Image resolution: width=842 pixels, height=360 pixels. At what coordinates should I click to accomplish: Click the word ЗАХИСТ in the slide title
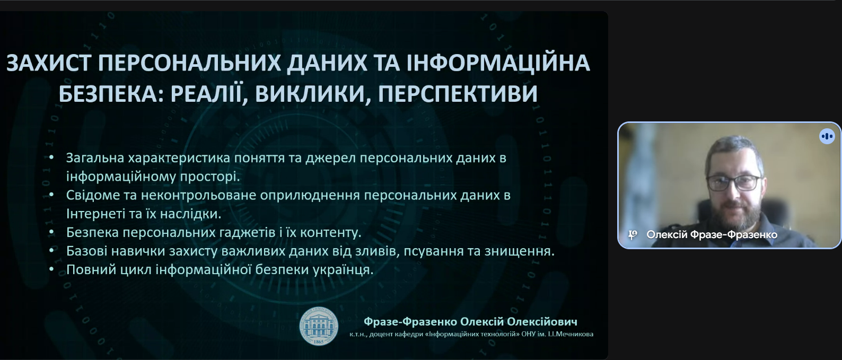coord(48,63)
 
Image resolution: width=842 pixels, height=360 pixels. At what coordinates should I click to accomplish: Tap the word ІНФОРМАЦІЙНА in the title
coord(498,63)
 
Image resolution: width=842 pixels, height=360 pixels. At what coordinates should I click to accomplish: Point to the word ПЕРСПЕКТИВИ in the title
coord(458,93)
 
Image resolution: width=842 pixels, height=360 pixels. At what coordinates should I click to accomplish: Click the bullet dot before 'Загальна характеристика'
coord(51,158)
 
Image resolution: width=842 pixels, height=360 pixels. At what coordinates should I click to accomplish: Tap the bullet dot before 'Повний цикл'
coord(51,269)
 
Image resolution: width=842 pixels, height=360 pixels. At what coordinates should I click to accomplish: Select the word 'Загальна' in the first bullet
coord(95,158)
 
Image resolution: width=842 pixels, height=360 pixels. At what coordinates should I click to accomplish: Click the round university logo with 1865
coord(318,326)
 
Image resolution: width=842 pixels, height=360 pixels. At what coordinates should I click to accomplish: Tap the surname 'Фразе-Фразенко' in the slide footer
coord(410,322)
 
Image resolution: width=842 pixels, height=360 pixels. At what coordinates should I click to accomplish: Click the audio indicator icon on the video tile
coord(827,136)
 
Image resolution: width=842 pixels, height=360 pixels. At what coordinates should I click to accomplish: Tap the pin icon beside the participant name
coord(633,235)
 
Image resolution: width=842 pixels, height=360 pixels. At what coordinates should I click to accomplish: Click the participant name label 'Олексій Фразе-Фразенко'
coord(712,234)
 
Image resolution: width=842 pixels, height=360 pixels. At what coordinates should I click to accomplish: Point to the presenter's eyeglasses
coord(734,183)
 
